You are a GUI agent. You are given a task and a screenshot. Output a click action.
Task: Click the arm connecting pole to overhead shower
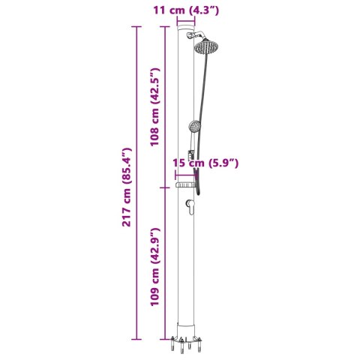pos(196,37)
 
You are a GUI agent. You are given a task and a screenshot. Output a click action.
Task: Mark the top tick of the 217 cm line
pos(136,27)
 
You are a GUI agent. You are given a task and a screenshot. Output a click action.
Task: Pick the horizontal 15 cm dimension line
pos(187,170)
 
